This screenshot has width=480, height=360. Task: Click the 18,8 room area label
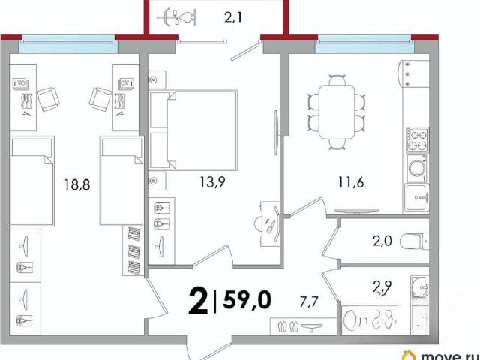pos(77,184)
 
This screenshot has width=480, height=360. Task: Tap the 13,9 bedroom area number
pos(213,182)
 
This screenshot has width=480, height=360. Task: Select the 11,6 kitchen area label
pos(351,182)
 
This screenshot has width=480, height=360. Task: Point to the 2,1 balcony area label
pos(233,17)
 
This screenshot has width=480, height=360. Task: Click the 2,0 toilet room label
pos(382,241)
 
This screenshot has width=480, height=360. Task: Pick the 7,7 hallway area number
pos(309,302)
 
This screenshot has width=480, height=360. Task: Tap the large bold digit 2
pos(198,301)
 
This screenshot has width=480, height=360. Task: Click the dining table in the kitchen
pos(337,112)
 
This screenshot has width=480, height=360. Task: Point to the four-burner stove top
pos(417,140)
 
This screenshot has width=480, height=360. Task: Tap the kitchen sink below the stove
pos(416,198)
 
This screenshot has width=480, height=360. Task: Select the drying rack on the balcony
pos(177,17)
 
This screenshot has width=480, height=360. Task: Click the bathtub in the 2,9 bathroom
pos(370,320)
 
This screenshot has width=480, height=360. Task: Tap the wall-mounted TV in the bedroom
pos(277,133)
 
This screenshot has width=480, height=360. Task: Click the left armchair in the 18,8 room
pos(48,99)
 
